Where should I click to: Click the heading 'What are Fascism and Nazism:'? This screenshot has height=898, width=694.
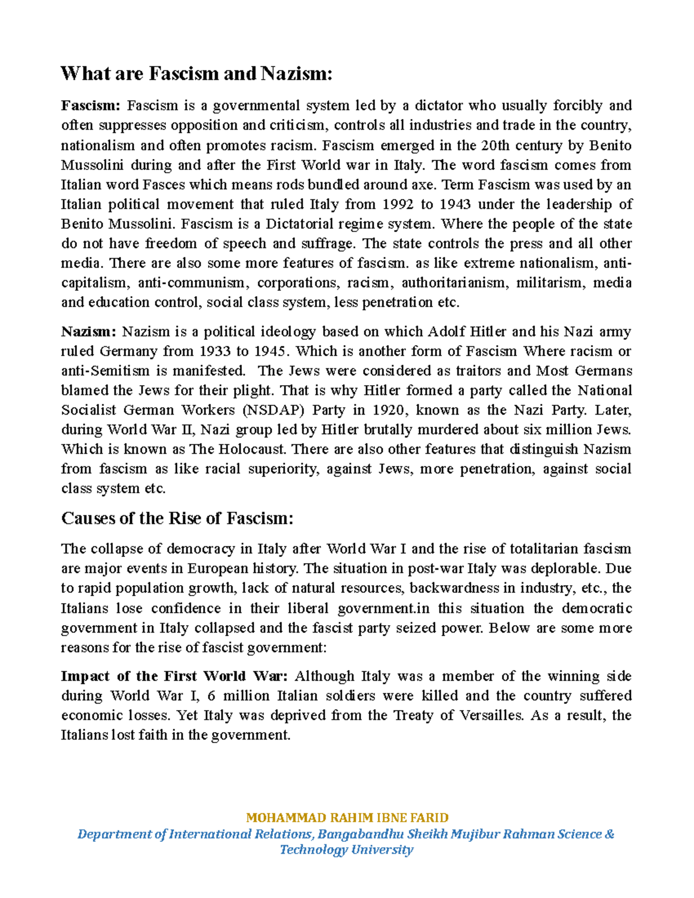tap(197, 74)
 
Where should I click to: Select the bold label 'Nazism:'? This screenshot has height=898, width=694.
tap(89, 332)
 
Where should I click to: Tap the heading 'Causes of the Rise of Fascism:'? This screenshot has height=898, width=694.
tap(178, 518)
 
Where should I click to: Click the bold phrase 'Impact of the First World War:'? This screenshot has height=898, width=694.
tap(174, 677)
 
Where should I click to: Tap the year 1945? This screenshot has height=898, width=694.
tap(272, 352)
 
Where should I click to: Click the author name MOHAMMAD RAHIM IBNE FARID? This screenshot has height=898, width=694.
tap(347, 818)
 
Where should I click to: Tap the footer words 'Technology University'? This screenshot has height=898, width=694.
tap(346, 849)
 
